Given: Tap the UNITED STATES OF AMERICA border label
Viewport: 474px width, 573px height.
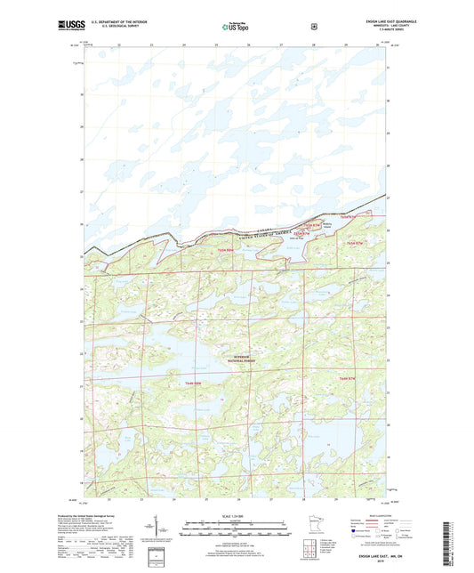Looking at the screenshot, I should [267, 233].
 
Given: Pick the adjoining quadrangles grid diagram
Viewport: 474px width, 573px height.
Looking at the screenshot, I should [309, 545].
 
